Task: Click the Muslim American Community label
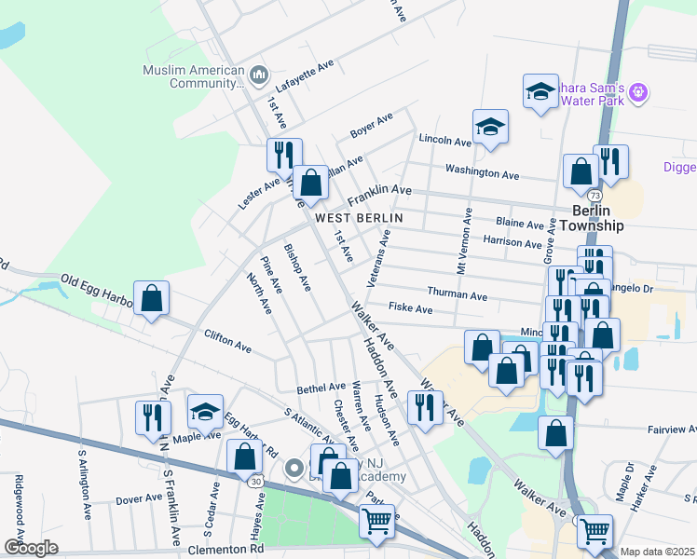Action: coord(193,76)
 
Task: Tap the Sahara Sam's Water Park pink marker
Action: coord(638,92)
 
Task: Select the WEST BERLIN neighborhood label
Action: coord(359,217)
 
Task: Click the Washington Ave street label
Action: coord(482,172)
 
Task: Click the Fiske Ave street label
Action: coord(411,308)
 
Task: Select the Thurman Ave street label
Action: coord(458,295)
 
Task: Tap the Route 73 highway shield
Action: coord(594,196)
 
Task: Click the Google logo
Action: coord(31,547)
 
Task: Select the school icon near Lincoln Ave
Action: coord(489,127)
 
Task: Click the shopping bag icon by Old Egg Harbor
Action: coord(151,298)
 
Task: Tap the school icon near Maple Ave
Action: coord(205,410)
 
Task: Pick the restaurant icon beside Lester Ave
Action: coord(284,154)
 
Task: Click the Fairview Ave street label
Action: coord(662,430)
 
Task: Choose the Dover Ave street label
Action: coord(140,499)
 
